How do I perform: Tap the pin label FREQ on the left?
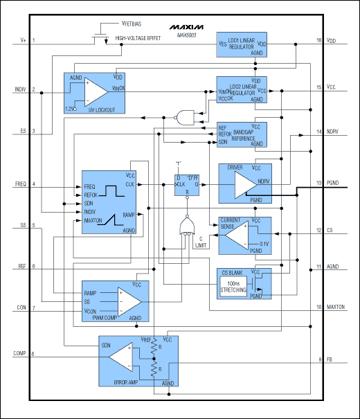pos(20,185)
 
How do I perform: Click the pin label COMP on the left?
pos(20,354)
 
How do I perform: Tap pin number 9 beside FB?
pos(319,359)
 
